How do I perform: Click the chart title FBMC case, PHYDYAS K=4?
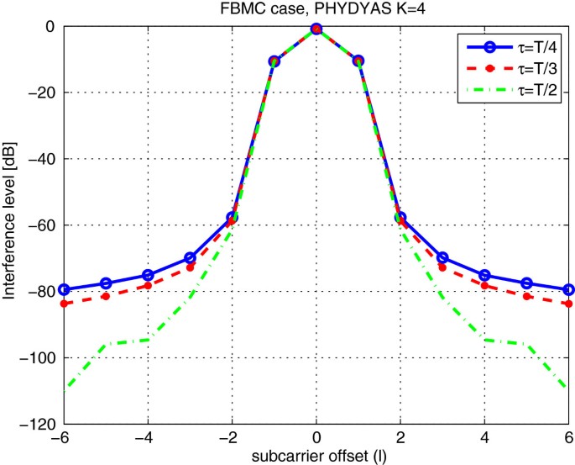point(316,9)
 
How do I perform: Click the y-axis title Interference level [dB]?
point(11,225)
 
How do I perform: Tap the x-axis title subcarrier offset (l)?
point(316,456)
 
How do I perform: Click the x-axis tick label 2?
point(400,439)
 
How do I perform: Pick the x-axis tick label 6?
point(568,439)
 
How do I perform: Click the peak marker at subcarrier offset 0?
point(316,29)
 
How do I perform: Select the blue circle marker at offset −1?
point(274,61)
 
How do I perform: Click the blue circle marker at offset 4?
point(484,275)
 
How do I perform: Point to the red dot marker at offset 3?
point(442,267)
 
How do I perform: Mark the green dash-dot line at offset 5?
point(526,345)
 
